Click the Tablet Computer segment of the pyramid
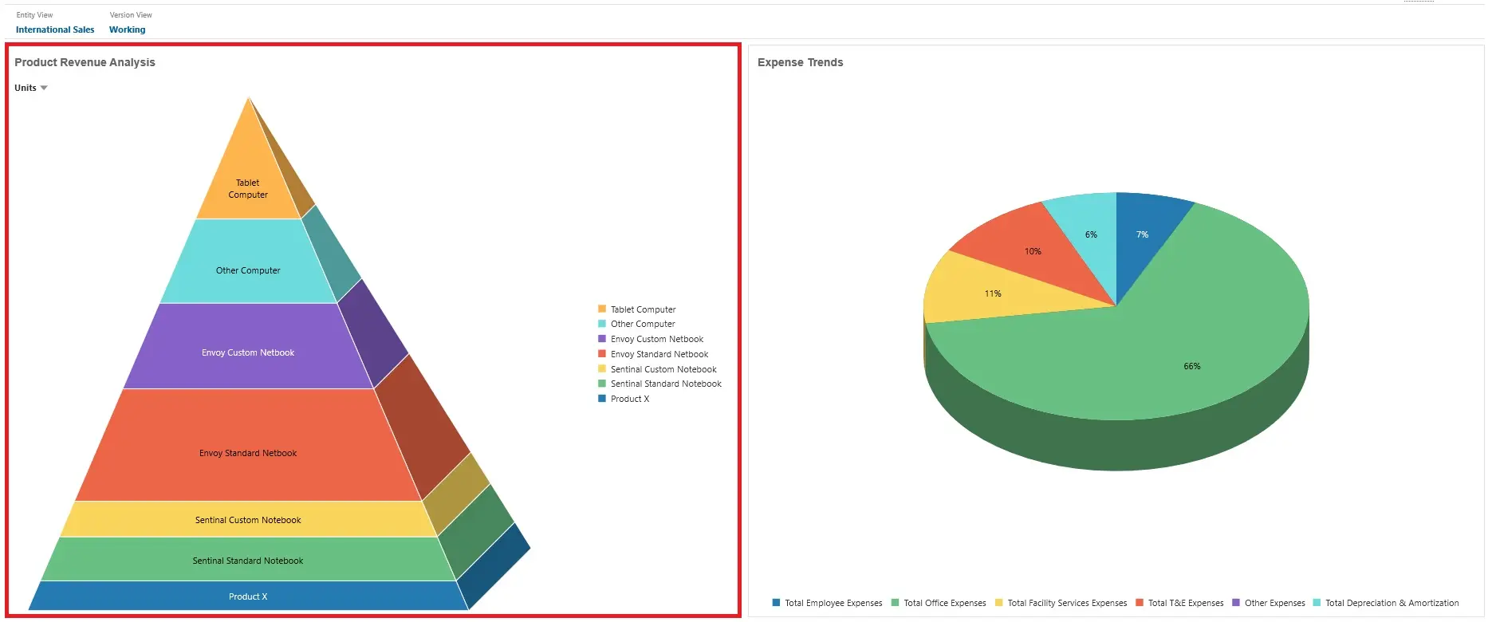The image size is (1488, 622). (x=248, y=188)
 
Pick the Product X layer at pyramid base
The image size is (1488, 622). (x=248, y=596)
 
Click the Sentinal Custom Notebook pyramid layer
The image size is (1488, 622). (x=248, y=520)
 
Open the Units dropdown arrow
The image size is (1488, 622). (x=44, y=88)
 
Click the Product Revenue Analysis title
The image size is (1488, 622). (x=85, y=62)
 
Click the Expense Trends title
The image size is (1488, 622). (x=800, y=62)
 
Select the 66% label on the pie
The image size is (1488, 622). (x=1191, y=366)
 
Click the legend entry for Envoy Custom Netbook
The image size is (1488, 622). (x=656, y=339)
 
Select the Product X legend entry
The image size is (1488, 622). (x=629, y=399)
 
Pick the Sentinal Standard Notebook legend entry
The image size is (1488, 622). (x=665, y=384)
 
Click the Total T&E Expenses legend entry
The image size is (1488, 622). (x=1185, y=603)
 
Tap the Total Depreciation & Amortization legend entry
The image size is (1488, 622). (x=1392, y=603)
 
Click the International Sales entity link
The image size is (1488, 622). (x=55, y=30)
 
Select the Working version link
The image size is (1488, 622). (x=128, y=30)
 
